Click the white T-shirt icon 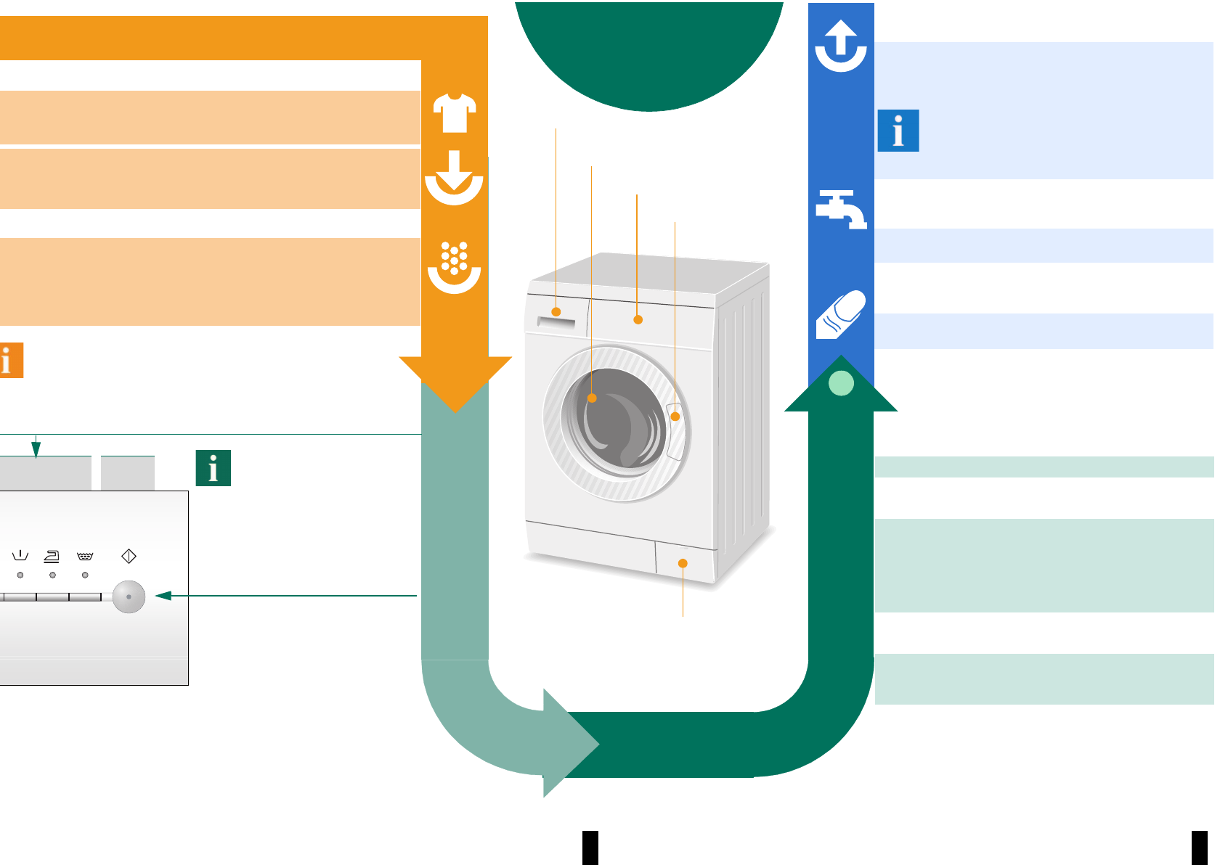coord(455,113)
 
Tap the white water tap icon coord(841,209)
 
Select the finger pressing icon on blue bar coord(841,315)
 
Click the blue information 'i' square coord(898,131)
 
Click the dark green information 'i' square coord(213,468)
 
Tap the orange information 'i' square coord(10,361)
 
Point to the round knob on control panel coord(129,597)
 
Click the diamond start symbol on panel coord(129,556)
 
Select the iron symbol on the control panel coord(52,557)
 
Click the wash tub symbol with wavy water coord(85,557)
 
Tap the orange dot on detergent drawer coord(556,312)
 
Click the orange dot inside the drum coord(592,398)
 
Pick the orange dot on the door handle coord(675,417)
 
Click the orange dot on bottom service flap coord(683,563)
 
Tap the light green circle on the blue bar coord(841,382)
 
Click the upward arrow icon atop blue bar coord(841,46)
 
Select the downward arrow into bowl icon coord(454,177)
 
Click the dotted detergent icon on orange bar coord(455,268)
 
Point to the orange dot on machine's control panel coord(638,319)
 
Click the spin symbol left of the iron coord(20,557)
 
